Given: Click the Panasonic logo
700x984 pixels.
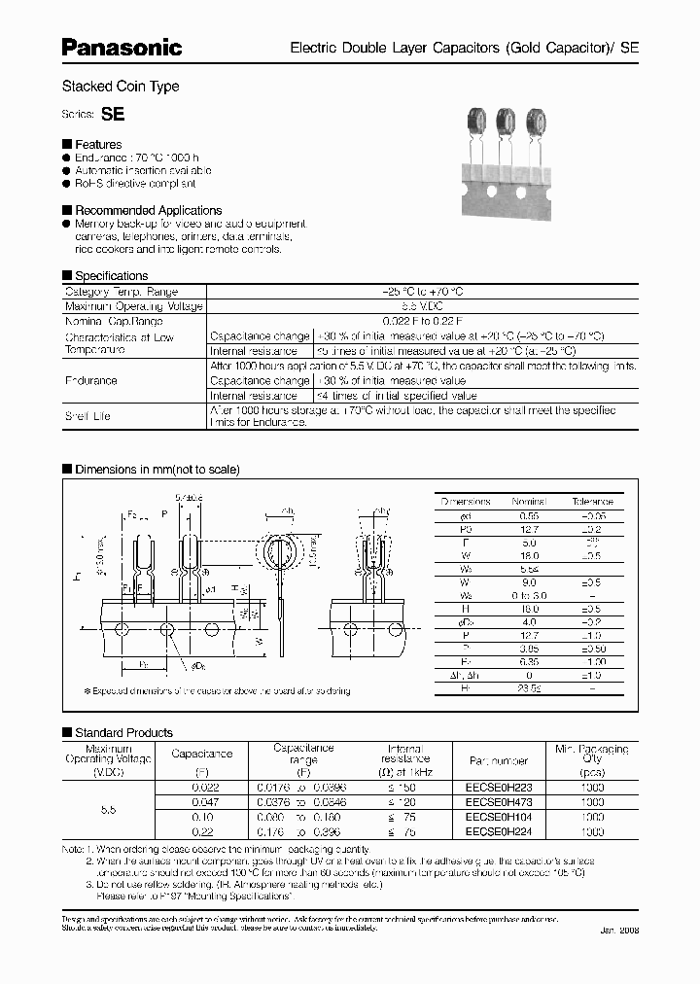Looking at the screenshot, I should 122,47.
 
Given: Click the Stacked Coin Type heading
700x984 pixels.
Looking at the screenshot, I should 121,87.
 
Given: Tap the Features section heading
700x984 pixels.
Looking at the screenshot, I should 98,144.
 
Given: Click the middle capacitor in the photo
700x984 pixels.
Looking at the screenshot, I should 506,122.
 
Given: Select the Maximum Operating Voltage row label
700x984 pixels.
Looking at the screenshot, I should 134,306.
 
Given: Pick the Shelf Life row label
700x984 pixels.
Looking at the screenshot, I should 87,415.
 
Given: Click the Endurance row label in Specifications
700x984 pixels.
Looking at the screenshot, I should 91,380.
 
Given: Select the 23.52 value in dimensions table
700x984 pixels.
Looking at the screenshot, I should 530,687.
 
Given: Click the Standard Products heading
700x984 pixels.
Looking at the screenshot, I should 123,732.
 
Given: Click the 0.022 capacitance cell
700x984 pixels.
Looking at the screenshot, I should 202,790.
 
